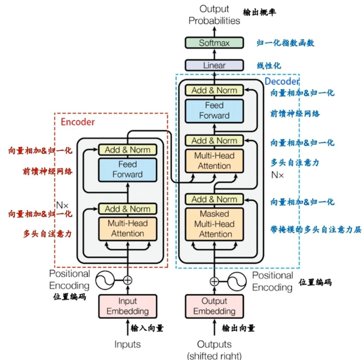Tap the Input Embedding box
(128, 306)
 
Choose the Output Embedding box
(214, 306)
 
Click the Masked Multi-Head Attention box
(214, 224)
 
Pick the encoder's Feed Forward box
(128, 169)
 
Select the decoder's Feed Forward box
(214, 110)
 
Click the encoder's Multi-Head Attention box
(128, 228)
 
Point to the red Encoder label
(78, 122)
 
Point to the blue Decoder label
(282, 82)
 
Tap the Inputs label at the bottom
(128, 344)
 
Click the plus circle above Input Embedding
(128, 280)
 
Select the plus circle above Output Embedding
(214, 281)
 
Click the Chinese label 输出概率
(260, 12)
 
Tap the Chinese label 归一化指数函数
(285, 43)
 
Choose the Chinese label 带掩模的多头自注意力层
(316, 230)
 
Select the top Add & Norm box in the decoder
(214, 90)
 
